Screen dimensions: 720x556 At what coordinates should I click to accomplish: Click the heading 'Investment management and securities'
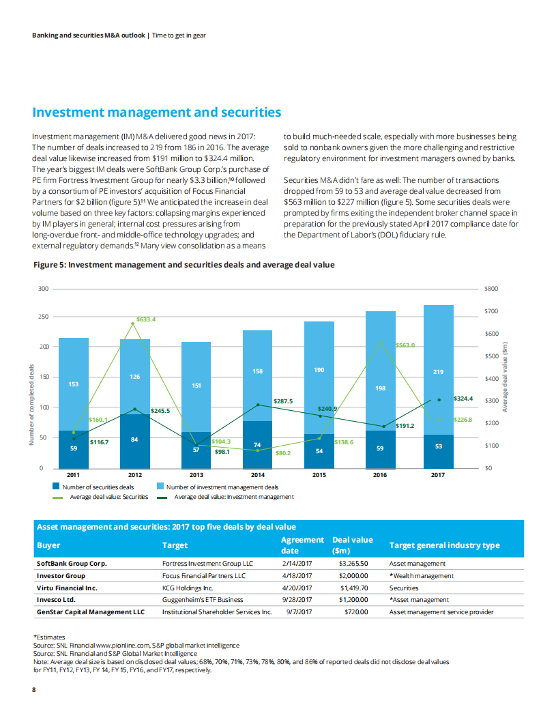[157, 113]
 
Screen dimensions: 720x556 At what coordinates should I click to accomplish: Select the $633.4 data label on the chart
[147, 319]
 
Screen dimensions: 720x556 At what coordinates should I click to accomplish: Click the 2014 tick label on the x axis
[257, 474]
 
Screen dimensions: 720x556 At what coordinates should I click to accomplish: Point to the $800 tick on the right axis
[491, 289]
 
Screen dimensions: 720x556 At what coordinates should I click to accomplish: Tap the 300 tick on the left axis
[44, 289]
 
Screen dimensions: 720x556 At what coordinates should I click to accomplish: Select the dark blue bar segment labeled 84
[135, 440]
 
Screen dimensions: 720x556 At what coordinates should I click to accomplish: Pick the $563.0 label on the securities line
[405, 345]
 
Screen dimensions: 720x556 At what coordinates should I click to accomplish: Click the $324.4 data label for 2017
[463, 397]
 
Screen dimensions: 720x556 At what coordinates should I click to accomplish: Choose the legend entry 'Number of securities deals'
[98, 487]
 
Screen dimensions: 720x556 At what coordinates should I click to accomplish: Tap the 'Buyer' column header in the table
[48, 545]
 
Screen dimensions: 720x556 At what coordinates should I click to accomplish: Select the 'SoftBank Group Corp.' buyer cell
[72, 564]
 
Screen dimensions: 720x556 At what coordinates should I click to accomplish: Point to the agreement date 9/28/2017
[296, 599]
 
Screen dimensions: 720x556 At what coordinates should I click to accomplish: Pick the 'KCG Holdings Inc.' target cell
[188, 587]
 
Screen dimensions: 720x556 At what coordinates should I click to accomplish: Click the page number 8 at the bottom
[34, 689]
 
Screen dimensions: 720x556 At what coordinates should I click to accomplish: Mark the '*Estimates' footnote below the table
[49, 636]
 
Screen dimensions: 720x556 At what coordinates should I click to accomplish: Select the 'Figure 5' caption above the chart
[184, 265]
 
